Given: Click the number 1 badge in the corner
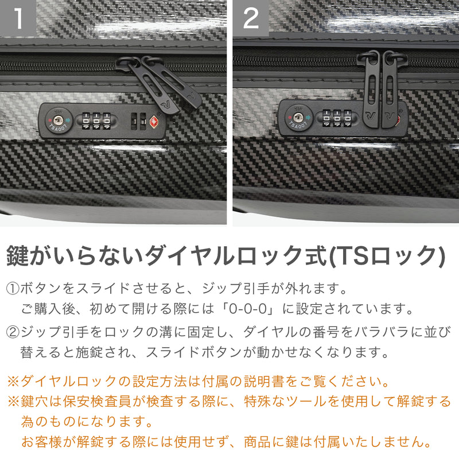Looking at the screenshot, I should point(18,18).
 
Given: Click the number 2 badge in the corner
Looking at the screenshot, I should point(251,18).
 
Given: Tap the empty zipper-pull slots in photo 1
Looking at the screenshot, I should point(138,121).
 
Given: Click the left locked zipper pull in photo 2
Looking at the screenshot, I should point(370,92).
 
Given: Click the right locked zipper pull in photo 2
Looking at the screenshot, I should point(391,92).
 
